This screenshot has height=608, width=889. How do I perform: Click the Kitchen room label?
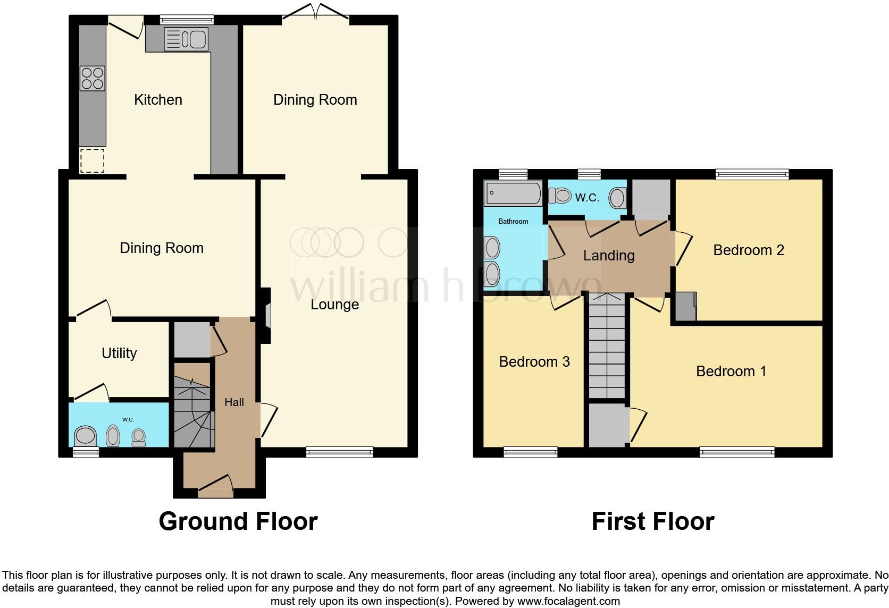(158, 99)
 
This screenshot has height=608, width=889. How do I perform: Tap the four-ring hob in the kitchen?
(92, 78)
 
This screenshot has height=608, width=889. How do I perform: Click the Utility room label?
(119, 353)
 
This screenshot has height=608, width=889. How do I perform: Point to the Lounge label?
(334, 305)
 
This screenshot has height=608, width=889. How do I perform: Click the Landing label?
(609, 256)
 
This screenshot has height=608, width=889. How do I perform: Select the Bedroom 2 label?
(749, 250)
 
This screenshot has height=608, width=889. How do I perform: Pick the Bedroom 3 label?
(534, 362)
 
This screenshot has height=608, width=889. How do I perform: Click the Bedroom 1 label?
(731, 371)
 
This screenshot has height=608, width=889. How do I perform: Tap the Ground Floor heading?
(238, 521)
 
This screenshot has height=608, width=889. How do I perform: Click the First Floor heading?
(653, 521)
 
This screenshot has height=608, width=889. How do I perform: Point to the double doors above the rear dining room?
(316, 13)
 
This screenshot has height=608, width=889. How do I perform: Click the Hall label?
(234, 402)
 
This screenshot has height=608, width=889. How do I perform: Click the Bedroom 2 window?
(752, 173)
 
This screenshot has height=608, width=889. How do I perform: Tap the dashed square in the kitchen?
(92, 161)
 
